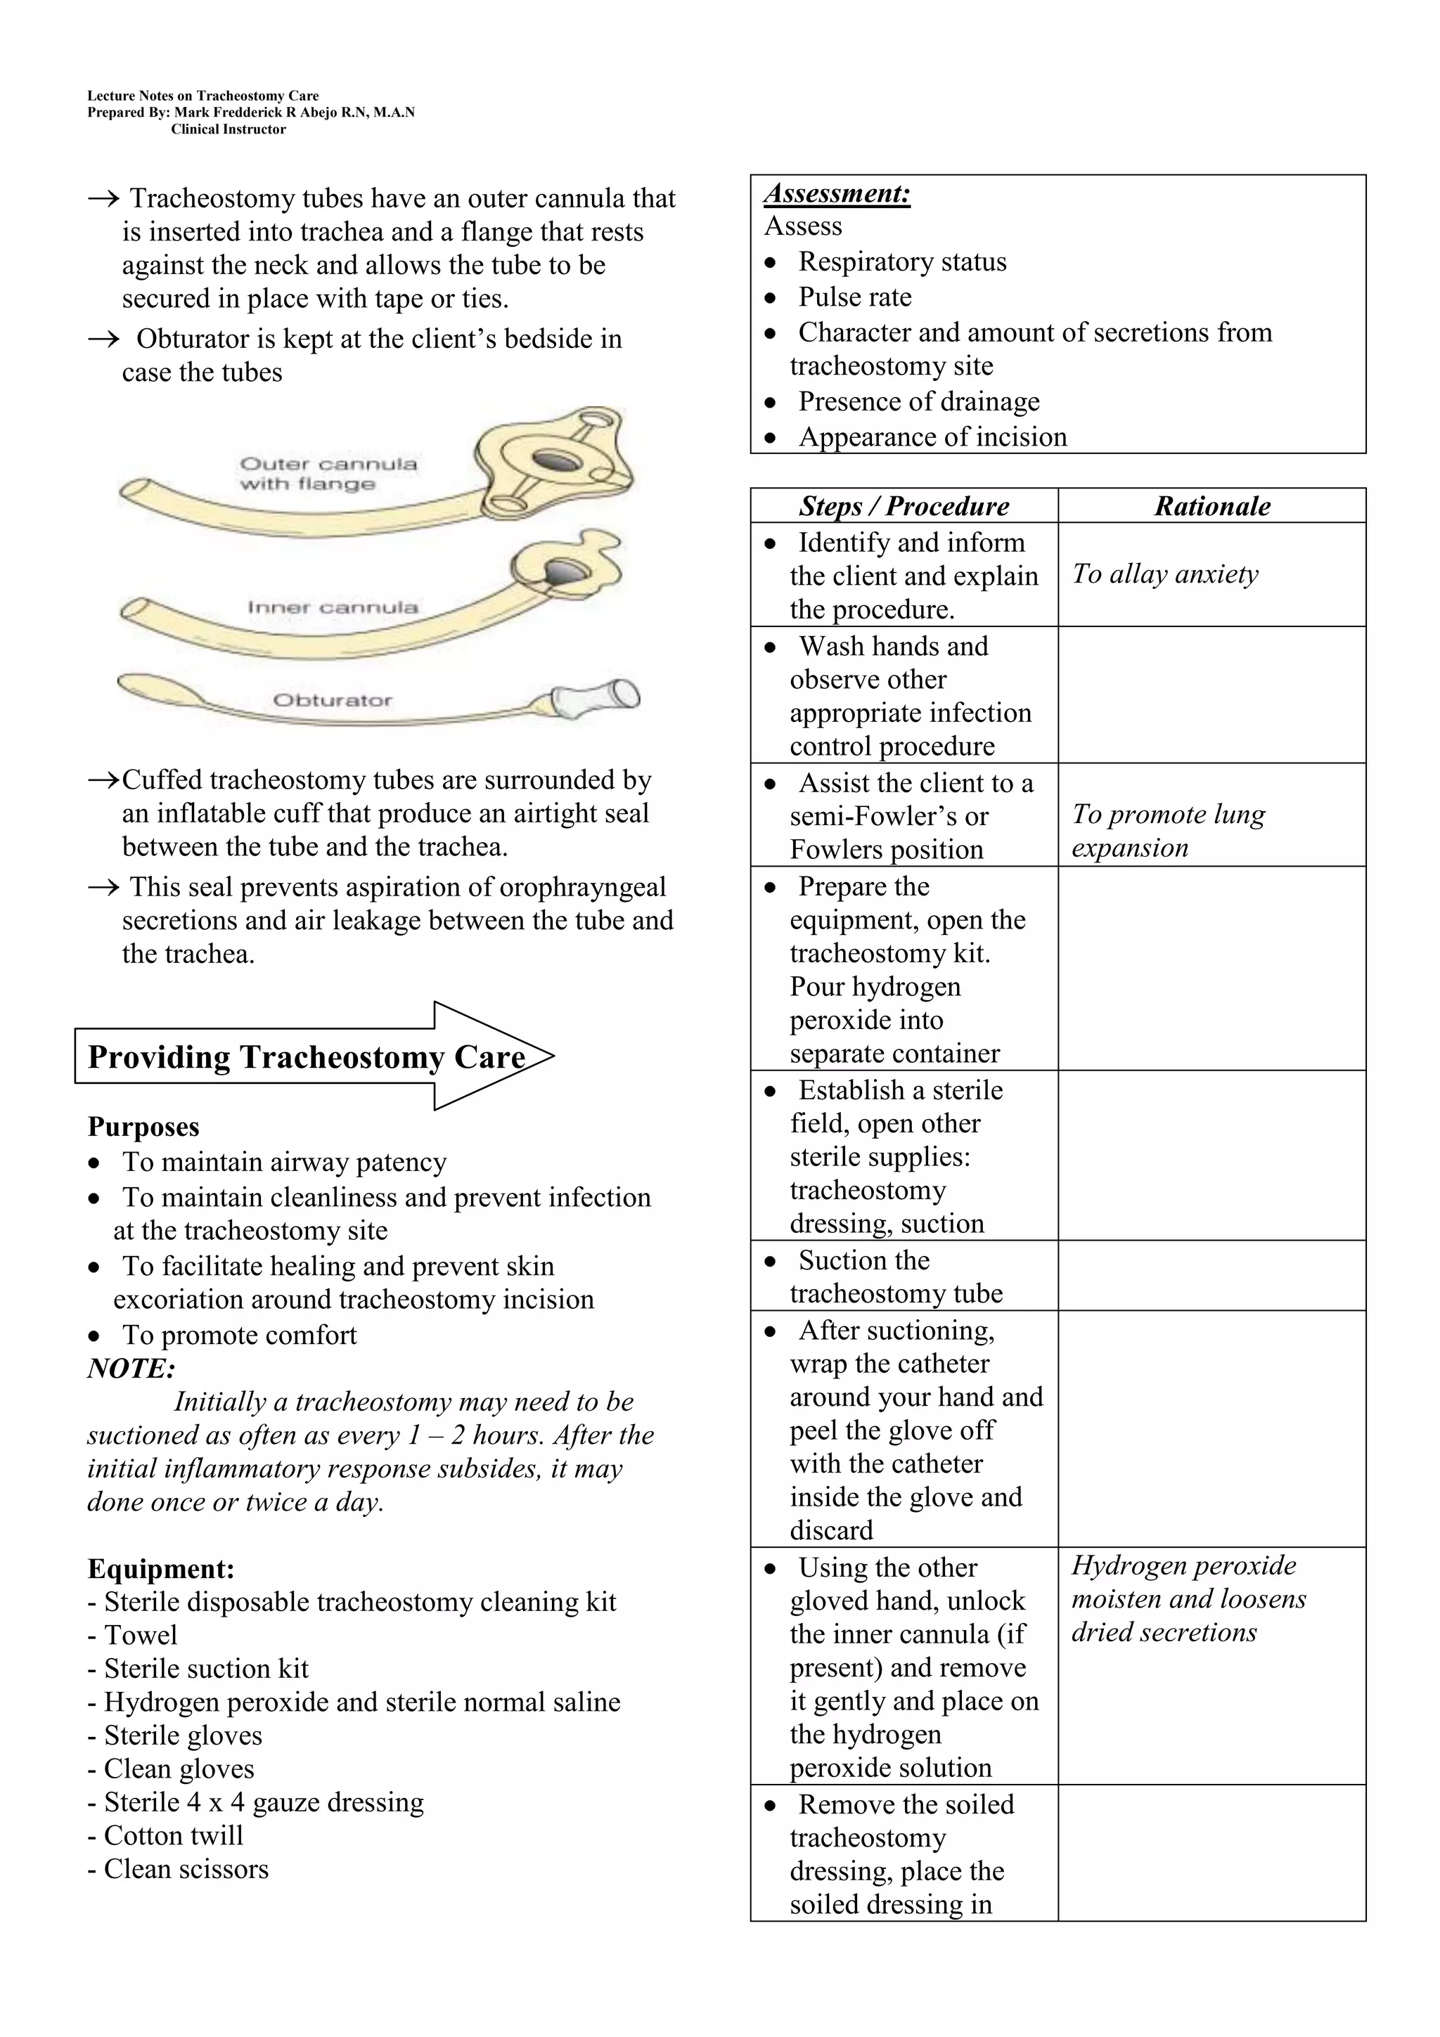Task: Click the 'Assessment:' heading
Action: click(837, 193)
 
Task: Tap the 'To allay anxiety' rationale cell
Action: click(1164, 574)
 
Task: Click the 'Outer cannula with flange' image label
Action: click(328, 474)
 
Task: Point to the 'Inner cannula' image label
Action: click(332, 608)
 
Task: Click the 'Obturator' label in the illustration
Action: click(332, 700)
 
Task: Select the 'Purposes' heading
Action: click(143, 1127)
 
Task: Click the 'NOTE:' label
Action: click(131, 1368)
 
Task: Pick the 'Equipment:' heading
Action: click(160, 1569)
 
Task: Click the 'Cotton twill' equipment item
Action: click(173, 1835)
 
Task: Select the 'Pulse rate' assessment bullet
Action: click(854, 297)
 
